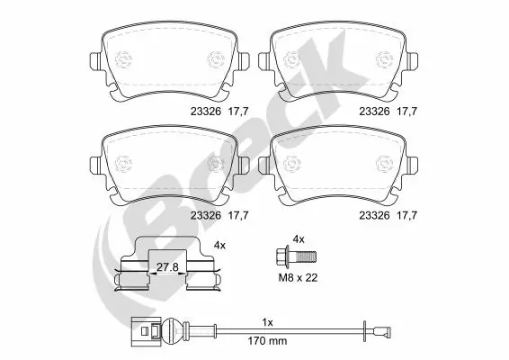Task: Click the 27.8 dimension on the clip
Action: (167, 267)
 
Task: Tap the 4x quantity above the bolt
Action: (299, 238)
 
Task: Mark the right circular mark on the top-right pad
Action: (385, 60)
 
